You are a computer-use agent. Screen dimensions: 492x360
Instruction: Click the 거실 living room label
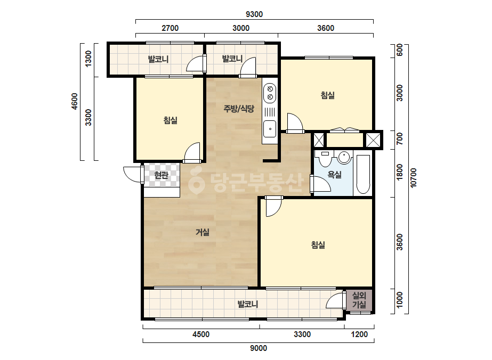(203, 232)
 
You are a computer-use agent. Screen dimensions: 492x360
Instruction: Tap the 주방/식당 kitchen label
(239, 109)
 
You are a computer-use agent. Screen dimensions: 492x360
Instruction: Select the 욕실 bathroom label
(334, 175)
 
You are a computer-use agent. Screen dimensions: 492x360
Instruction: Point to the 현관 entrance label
(162, 175)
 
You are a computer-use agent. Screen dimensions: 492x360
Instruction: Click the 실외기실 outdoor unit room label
(359, 300)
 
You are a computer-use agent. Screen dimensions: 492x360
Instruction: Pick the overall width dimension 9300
(254, 14)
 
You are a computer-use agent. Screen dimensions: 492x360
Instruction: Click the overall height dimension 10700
(414, 178)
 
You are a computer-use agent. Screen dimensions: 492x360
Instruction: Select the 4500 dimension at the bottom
(201, 334)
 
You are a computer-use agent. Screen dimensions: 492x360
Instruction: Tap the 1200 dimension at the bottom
(359, 334)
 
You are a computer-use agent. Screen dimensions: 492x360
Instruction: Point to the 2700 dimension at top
(170, 28)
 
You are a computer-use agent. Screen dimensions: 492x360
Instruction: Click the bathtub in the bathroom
(363, 174)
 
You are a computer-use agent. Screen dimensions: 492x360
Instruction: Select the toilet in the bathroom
(325, 159)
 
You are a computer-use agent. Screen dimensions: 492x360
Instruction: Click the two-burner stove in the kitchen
(270, 93)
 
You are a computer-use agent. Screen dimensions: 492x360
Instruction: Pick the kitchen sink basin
(270, 128)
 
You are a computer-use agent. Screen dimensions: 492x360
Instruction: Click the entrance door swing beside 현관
(132, 174)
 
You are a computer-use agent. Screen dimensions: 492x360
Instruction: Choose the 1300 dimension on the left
(88, 59)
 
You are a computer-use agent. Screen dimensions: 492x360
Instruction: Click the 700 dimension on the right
(399, 138)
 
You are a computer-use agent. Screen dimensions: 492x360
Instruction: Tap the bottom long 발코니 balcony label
(247, 304)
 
